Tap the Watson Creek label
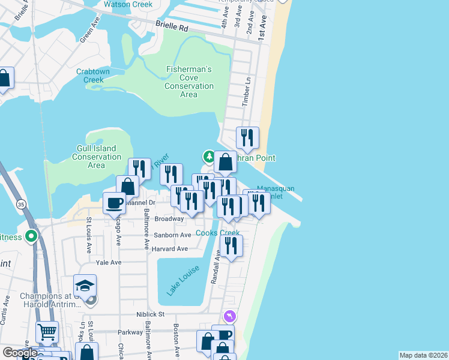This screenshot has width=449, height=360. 127,4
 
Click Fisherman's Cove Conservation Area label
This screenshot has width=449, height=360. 189,82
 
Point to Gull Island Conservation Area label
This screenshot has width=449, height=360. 97,157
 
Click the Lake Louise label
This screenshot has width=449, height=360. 175,281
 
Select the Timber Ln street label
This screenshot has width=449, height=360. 246,92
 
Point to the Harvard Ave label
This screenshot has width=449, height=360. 169,248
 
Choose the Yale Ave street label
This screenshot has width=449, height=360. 109,263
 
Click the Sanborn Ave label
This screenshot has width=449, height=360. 173,235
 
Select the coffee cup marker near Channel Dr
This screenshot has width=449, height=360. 114,202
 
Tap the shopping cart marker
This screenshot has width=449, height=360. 47,331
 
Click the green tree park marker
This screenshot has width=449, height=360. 208,157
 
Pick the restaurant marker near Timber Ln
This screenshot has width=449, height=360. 247,138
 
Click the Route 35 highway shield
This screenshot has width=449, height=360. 21,204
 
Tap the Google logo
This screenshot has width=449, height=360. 19,353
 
